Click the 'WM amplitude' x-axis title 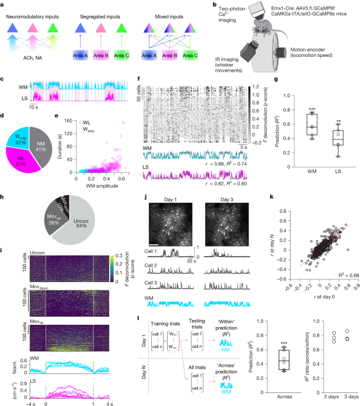pos(103,171)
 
